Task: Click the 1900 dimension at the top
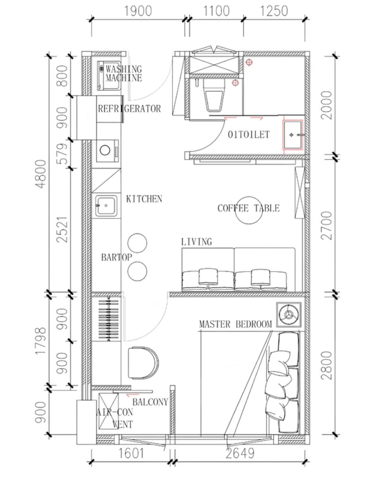(138, 11)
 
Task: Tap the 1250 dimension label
(274, 11)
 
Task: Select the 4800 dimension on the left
(41, 174)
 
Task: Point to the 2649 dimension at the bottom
(240, 453)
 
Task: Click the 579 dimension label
(62, 154)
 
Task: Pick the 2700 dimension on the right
(326, 226)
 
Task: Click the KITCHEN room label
(144, 199)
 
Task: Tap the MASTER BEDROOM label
(236, 324)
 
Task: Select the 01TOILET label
(249, 135)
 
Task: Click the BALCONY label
(151, 402)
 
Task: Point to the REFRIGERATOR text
(130, 109)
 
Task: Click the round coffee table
(249, 210)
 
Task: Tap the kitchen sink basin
(106, 206)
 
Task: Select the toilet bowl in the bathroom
(214, 95)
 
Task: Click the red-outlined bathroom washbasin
(293, 135)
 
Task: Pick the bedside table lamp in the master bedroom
(289, 315)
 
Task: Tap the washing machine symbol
(109, 75)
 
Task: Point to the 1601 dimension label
(132, 453)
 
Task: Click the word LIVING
(197, 242)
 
